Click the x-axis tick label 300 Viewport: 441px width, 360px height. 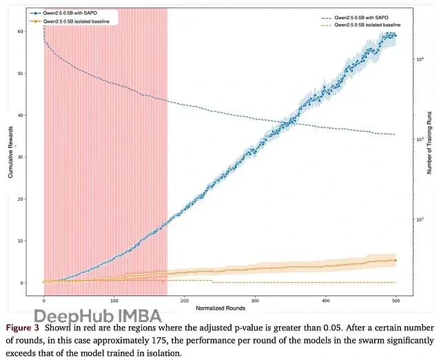(x=255, y=300)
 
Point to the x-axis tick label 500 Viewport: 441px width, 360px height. (x=396, y=300)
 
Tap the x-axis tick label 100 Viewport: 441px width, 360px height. (x=114, y=300)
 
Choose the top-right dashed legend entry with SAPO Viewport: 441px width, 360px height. (x=369, y=17)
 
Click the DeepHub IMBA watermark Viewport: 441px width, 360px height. (x=98, y=317)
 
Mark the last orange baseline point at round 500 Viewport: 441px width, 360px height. (x=395, y=260)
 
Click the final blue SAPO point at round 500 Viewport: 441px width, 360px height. (x=394, y=35)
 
